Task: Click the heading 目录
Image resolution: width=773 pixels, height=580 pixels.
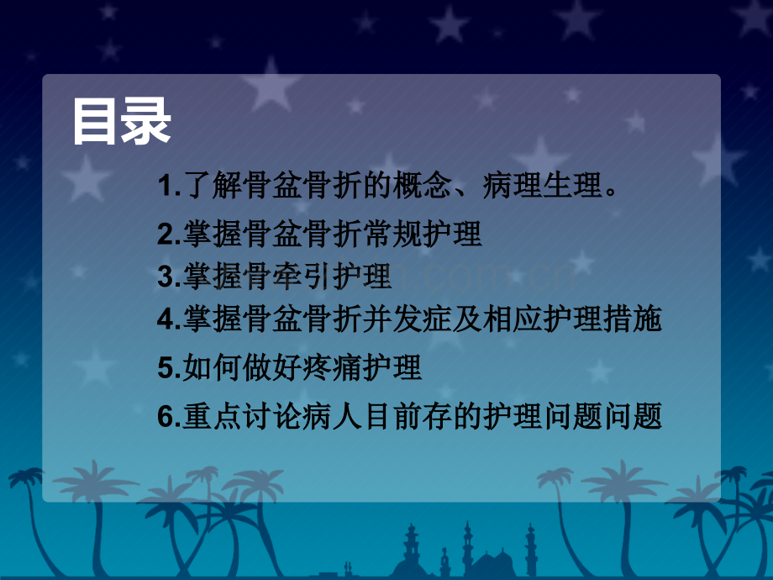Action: tap(122, 121)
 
